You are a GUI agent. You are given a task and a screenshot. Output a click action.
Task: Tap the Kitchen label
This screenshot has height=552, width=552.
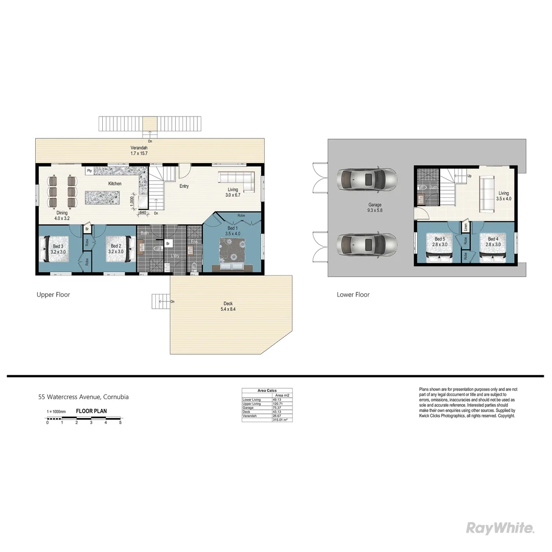[x=114, y=183]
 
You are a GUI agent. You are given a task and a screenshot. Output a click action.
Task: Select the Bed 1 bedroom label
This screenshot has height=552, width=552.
[x=233, y=231]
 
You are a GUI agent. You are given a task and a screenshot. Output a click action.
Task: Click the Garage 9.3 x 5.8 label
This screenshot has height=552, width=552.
[x=375, y=208]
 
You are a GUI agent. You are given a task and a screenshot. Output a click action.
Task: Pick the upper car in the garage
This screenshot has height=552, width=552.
[x=366, y=179]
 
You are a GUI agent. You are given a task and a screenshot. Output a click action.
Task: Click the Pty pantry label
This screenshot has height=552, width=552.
[x=89, y=171]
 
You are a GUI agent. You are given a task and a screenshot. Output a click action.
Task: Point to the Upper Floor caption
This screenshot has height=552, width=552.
[x=53, y=295]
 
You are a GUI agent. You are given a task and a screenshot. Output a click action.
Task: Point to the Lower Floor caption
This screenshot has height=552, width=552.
[x=353, y=295]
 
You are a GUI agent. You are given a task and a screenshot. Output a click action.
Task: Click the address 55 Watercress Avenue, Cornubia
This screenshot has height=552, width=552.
[x=84, y=397]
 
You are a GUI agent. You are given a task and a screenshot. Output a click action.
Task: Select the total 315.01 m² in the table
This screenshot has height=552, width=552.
[x=280, y=420]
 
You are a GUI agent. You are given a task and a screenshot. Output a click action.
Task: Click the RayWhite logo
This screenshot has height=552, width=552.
[x=500, y=528]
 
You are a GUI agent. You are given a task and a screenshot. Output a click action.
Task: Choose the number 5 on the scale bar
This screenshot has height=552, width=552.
[x=121, y=423]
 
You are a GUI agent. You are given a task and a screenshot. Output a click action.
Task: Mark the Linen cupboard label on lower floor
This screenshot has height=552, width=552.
[x=466, y=226]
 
